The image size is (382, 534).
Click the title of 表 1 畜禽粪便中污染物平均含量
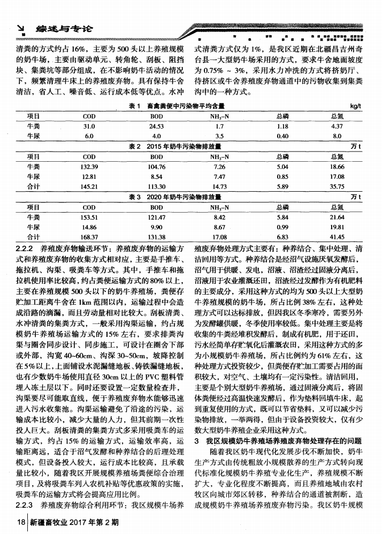point(177,107)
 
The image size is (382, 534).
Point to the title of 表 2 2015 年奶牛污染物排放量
point(177,145)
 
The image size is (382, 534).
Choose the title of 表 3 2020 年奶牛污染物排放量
point(177,197)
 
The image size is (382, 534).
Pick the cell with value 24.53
point(157,126)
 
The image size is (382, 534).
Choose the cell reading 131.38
point(157,237)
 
